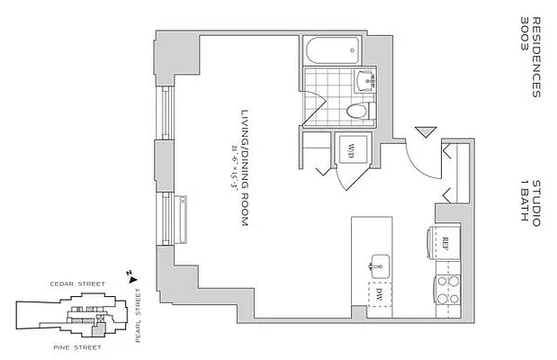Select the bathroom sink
(x=366, y=81)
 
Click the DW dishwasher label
(x=379, y=294)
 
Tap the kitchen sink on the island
(x=379, y=265)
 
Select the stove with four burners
(x=447, y=289)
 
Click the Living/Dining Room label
(x=244, y=171)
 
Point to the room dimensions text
(x=233, y=171)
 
